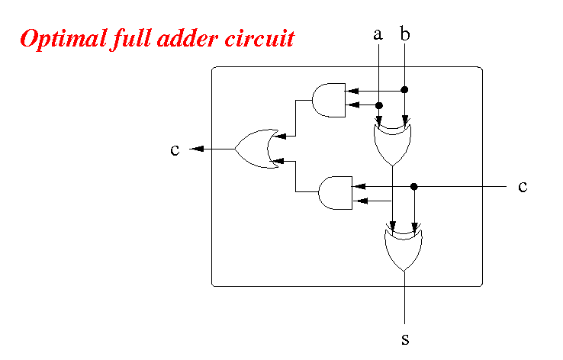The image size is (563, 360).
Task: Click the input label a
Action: point(378,34)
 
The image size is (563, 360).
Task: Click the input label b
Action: point(404,34)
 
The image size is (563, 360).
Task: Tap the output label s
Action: point(405,339)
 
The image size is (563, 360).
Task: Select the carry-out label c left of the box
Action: point(175,149)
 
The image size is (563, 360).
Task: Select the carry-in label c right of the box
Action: point(523,187)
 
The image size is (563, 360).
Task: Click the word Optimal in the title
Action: point(63,39)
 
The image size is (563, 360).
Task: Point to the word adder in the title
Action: point(188,39)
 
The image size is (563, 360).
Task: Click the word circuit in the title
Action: point(260,39)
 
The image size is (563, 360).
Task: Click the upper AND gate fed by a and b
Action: point(329,100)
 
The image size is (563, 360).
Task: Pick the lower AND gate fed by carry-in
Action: point(336,193)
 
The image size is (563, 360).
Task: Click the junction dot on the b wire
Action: point(404,90)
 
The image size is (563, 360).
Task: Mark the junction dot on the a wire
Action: point(379,105)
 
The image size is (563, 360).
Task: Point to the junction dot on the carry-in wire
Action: point(414,187)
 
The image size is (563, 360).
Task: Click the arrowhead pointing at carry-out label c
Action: point(198,149)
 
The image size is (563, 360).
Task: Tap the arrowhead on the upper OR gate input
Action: point(280,136)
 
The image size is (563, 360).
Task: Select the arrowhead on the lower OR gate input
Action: point(278,161)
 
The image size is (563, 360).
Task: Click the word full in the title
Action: point(132,39)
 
